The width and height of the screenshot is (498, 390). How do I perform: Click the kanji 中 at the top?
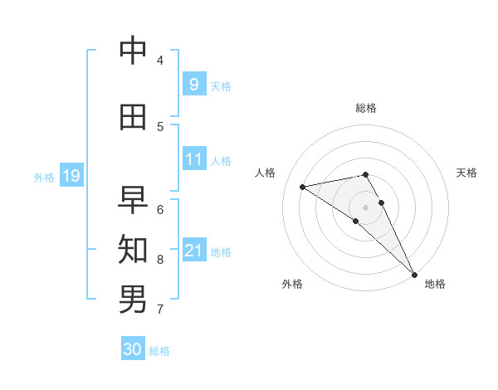(x=133, y=51)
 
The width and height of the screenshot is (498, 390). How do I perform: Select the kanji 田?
(x=133, y=117)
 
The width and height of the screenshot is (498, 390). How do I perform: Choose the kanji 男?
(x=133, y=299)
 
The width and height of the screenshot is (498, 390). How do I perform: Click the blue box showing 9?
(x=193, y=84)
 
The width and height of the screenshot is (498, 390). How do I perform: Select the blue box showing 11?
(x=193, y=158)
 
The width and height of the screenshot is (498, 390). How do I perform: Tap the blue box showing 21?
(x=193, y=250)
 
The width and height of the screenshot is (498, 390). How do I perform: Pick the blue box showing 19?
(x=71, y=175)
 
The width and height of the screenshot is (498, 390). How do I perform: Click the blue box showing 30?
(x=133, y=349)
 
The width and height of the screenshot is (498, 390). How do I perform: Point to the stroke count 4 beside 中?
(x=159, y=61)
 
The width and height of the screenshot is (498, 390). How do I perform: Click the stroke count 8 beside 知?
(x=159, y=260)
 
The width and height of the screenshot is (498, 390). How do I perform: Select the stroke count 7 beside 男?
(x=159, y=310)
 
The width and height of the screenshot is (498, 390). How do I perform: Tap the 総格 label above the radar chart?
(x=365, y=108)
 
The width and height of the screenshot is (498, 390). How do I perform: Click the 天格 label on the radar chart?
(x=466, y=173)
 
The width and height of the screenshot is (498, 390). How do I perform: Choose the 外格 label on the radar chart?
(x=292, y=284)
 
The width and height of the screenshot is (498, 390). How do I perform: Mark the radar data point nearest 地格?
(x=414, y=274)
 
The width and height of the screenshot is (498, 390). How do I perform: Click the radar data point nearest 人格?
(x=303, y=187)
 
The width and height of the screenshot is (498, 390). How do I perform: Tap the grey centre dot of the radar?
(x=365, y=207)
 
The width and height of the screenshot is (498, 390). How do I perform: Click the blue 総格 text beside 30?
(x=159, y=351)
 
